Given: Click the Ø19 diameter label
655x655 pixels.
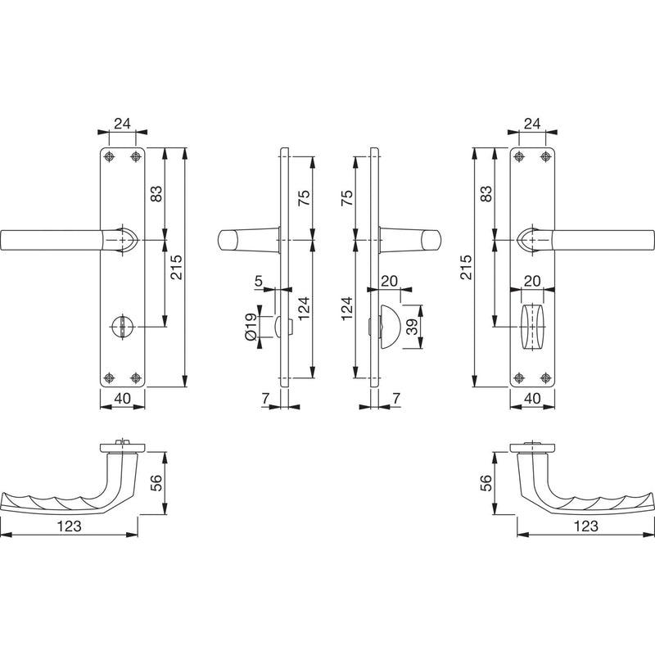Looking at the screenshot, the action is click(x=251, y=327).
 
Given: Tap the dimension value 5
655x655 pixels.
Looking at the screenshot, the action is click(x=259, y=281).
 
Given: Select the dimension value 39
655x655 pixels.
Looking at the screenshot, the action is click(x=412, y=327).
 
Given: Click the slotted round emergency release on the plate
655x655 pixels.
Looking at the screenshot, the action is click(x=121, y=326).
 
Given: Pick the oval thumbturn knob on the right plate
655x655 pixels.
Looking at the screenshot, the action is click(x=532, y=326).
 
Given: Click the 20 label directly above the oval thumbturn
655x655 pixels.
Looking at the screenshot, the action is click(x=532, y=281).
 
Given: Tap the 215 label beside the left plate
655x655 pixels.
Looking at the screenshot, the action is click(x=176, y=267).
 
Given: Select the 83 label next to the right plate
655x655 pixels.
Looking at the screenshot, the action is click(x=486, y=194).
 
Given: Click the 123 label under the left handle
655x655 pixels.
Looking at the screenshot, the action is click(x=69, y=526).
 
